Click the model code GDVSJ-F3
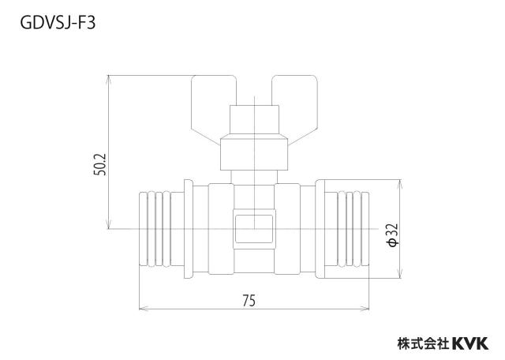click(58, 23)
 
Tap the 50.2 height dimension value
click(100, 164)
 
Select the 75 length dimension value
click(249, 301)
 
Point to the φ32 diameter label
click(393, 235)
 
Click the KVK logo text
click(470, 343)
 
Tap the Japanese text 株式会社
click(423, 343)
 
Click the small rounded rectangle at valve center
click(254, 229)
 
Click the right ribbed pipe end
click(346, 229)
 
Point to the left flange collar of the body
click(189, 229)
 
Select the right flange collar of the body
click(320, 229)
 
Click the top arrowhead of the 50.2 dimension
click(109, 80)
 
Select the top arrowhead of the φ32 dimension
click(400, 185)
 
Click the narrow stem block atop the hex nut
click(254, 120)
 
